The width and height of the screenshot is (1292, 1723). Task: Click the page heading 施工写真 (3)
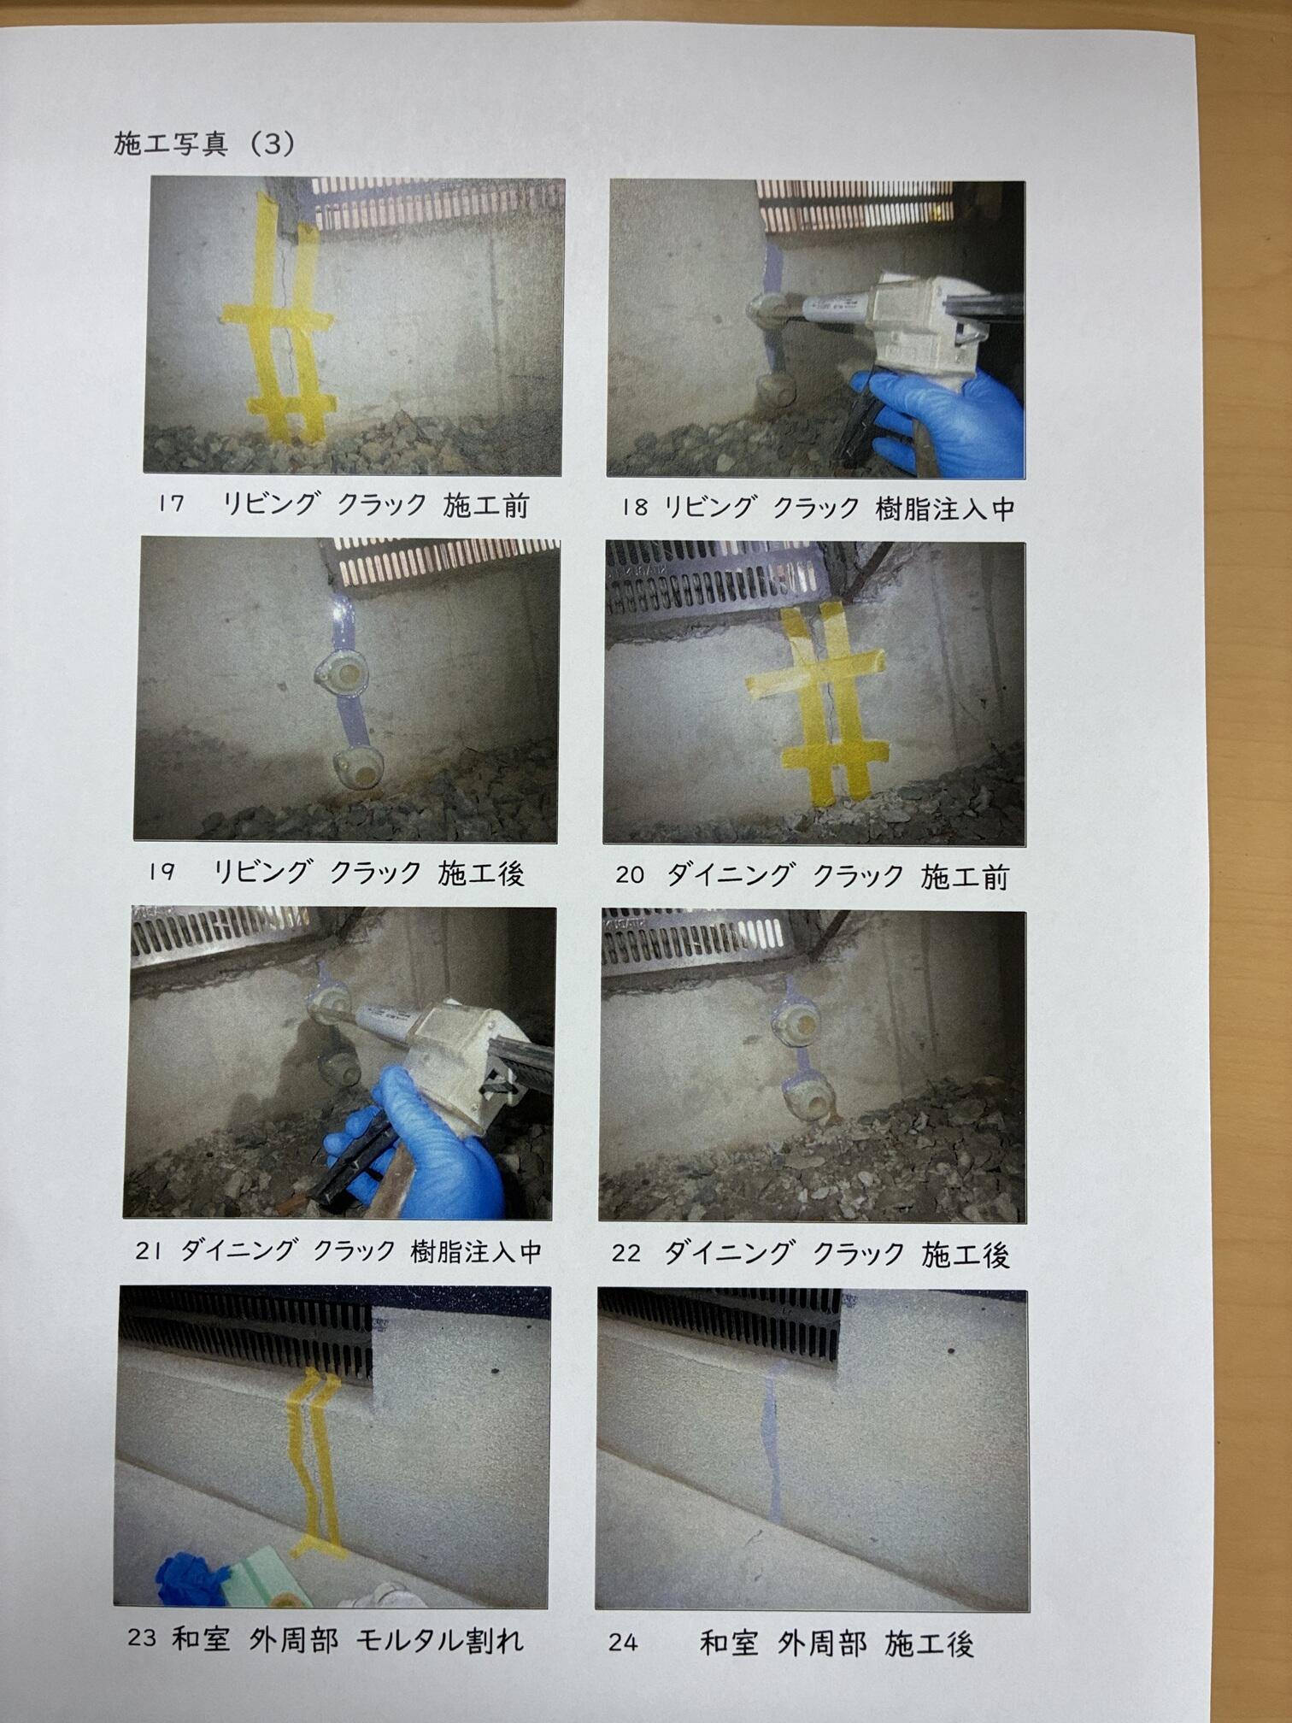pos(204,143)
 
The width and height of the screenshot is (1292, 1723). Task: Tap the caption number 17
pos(171,504)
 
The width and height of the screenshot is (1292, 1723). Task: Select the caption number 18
pos(635,508)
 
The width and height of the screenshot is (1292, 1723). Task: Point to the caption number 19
pos(161,872)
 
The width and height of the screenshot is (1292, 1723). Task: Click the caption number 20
pos(630,875)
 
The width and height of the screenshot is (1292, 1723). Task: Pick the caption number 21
pos(149,1251)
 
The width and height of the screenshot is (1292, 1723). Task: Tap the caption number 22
pos(626,1254)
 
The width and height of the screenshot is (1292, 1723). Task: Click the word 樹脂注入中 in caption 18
pos(945,509)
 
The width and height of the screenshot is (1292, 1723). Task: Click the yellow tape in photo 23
pos(314,1461)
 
